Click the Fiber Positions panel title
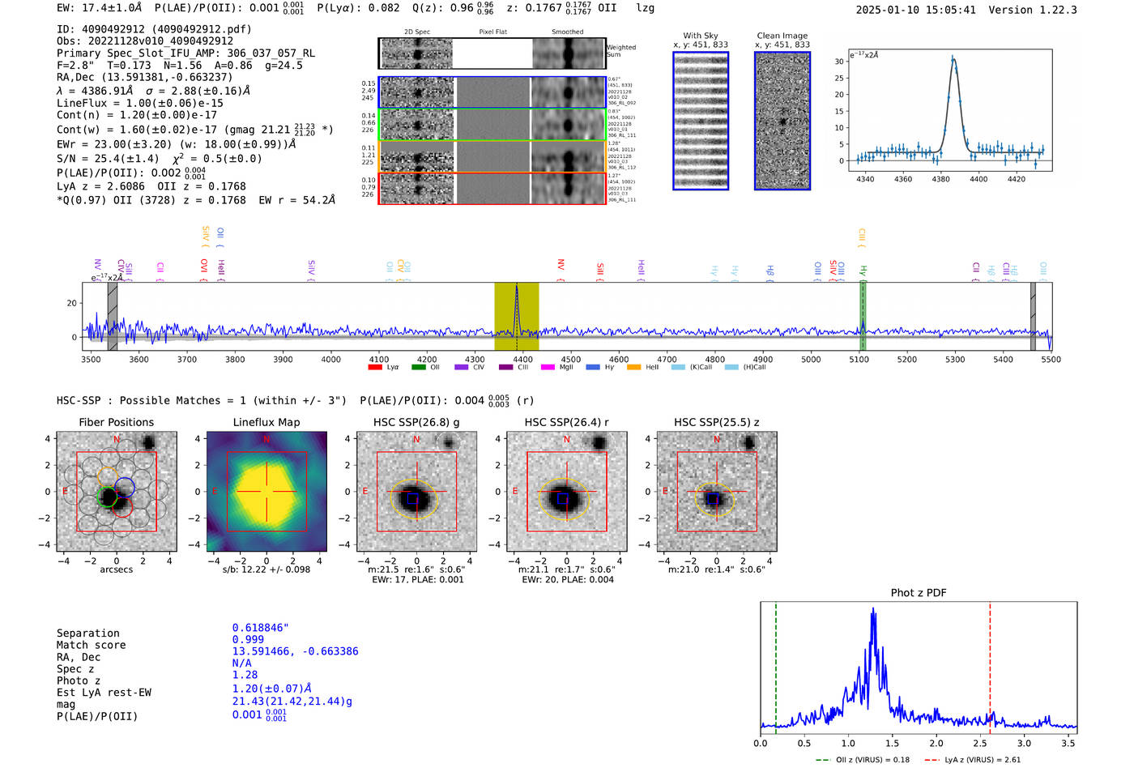coord(116,422)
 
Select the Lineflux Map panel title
coord(266,422)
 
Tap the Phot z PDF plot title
coord(919,593)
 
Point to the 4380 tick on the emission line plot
coord(940,179)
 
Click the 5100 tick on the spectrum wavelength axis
coord(859,360)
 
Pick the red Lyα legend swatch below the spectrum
coord(375,367)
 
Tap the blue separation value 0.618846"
coord(260,628)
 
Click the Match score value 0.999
coord(248,639)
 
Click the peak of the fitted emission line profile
coord(953,58)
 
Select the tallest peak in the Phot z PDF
coord(873,609)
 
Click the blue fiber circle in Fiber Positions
coord(125,488)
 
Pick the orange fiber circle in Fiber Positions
coord(108,476)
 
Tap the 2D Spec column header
coord(417,32)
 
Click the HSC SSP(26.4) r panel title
coord(566,422)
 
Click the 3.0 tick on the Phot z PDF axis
coord(1025,743)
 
